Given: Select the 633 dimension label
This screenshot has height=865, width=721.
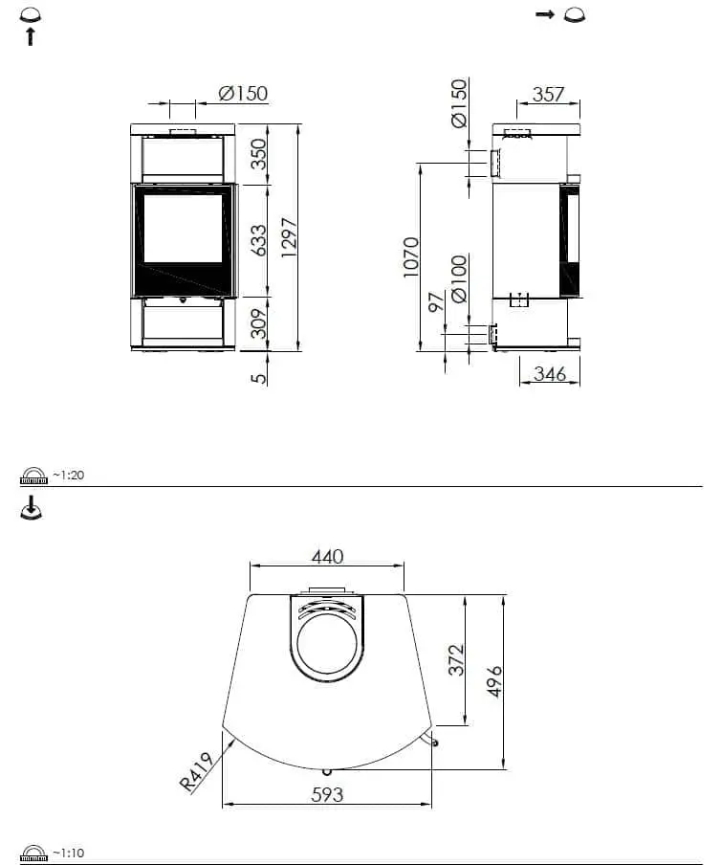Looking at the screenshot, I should tap(259, 240).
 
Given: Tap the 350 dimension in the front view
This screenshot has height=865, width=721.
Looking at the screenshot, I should tap(259, 153).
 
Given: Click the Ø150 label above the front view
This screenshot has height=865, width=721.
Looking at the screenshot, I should tap(242, 94).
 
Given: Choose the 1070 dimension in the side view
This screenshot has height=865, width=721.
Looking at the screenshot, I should tap(411, 256).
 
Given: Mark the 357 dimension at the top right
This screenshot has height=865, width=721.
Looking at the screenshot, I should tap(548, 95).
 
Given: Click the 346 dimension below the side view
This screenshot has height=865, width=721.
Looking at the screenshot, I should tap(550, 374).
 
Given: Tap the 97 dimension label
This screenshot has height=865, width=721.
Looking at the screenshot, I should tap(437, 303).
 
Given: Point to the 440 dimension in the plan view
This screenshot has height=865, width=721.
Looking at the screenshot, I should tap(327, 557).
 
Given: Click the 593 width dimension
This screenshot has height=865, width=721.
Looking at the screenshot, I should tap(327, 794).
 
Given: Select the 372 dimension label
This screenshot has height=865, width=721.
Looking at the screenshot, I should tap(456, 660).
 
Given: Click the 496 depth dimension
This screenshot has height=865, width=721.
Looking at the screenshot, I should tap(494, 681).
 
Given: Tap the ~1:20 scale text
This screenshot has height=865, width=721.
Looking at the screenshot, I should tap(68, 476).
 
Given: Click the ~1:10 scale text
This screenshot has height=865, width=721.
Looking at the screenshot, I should tap(68, 853).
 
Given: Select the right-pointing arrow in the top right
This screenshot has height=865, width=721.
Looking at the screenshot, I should tap(545, 14).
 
